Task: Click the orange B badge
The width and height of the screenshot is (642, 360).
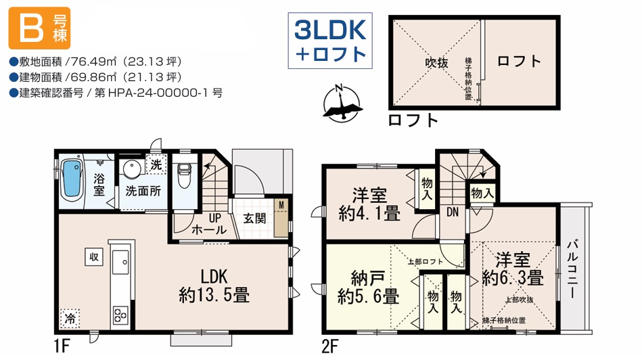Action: coord(39,28)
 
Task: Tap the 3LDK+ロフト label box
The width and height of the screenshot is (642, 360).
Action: coord(330,41)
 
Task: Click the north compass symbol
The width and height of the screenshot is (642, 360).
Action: coord(342,103)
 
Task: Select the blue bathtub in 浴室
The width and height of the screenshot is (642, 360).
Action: coord(72,180)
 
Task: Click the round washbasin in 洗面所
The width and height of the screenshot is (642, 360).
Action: coord(132,168)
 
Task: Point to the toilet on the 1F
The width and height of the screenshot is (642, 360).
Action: coord(185,175)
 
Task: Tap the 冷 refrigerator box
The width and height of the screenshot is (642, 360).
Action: coord(70,318)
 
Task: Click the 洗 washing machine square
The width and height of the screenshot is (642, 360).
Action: coord(156,164)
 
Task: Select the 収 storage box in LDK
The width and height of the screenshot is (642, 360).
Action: coord(94,256)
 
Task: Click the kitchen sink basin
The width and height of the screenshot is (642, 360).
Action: coord(120,262)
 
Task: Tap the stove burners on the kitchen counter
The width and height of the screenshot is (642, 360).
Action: coord(121,316)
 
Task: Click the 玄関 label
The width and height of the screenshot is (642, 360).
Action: coord(254,219)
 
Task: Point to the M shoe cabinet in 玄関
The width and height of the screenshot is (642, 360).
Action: coord(281,219)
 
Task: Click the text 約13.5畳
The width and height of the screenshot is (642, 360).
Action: coord(214,295)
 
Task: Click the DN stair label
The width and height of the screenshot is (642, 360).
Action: coord(453,212)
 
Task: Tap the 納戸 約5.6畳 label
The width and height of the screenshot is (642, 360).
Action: coord(368,288)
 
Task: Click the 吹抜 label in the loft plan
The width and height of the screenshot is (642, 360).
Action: coord(436,63)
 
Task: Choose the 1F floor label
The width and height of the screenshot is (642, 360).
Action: coord(62,347)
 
